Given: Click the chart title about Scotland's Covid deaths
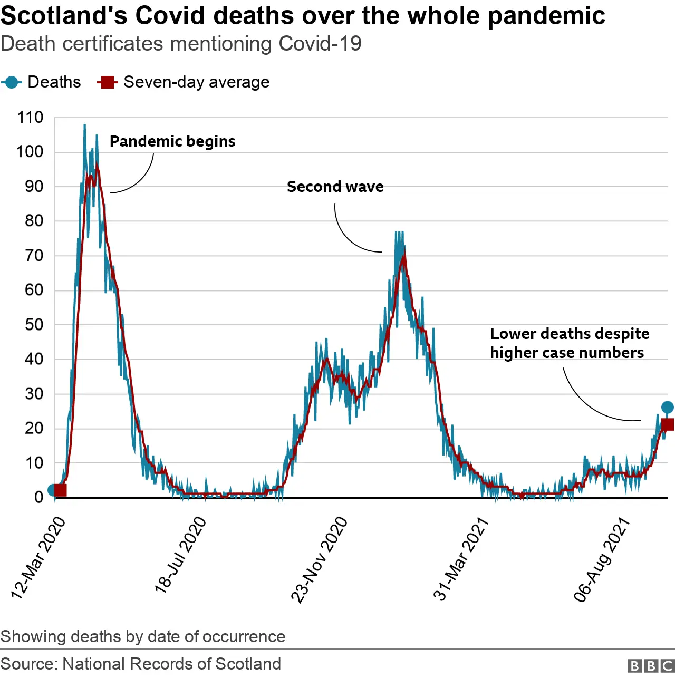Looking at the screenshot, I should (303, 15).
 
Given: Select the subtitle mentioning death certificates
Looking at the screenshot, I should (181, 44).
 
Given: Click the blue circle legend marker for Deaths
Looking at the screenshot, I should (11, 82).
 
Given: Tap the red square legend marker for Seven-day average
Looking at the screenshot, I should (108, 82).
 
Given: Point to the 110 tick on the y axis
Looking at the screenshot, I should (31, 118).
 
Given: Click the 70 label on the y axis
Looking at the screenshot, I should (34, 256).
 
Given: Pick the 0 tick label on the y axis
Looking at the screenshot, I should (39, 497).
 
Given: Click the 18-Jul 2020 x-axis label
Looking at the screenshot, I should (180, 555).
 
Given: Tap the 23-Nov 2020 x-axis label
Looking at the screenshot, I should (320, 559).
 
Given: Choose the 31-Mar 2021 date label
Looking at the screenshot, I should (461, 559).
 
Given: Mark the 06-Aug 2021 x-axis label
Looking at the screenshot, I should (602, 559).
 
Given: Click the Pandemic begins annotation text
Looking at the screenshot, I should (172, 141).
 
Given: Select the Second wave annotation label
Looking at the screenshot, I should (335, 187).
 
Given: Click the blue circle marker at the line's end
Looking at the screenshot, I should (667, 407).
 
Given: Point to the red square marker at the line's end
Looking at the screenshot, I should (668, 425).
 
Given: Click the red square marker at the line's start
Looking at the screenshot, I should (60, 490).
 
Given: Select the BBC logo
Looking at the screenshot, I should (651, 665).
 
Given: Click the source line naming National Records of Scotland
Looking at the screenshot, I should (141, 664).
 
